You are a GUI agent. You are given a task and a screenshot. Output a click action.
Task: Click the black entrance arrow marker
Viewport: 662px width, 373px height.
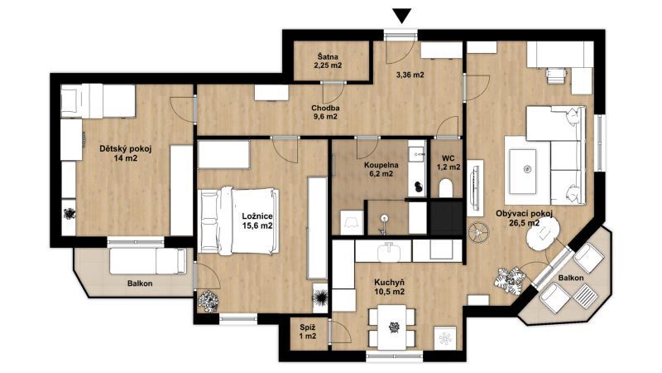[x=401, y=16]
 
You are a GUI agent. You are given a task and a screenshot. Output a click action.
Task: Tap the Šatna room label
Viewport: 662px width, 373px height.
[x=328, y=57]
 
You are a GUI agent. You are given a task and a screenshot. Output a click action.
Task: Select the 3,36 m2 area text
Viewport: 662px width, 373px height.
[x=410, y=75]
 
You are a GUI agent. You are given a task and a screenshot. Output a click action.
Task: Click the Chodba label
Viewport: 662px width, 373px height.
[x=325, y=108]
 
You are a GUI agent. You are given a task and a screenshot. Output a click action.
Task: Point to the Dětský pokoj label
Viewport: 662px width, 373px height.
[x=126, y=149]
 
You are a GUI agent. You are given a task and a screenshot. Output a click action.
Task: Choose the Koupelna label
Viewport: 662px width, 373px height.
[x=381, y=165]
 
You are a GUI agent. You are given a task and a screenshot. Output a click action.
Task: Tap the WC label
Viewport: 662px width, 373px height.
[x=449, y=158]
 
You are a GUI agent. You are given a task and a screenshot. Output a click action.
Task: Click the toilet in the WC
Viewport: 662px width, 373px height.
[x=446, y=188]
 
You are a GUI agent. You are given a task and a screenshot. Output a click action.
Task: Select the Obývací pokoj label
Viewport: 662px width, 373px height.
[x=524, y=214]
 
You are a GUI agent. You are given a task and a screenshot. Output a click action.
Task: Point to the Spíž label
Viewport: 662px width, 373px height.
[x=307, y=327]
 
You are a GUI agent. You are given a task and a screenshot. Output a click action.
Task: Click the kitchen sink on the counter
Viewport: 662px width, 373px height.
[x=389, y=252]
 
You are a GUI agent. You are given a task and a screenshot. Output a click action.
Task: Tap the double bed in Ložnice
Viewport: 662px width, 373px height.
[x=238, y=220]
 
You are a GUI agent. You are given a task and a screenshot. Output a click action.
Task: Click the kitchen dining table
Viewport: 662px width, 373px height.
[x=392, y=327]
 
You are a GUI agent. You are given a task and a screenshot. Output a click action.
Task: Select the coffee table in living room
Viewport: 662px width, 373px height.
[x=523, y=169]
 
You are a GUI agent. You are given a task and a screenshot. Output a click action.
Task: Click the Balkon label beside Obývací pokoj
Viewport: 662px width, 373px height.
[x=571, y=278]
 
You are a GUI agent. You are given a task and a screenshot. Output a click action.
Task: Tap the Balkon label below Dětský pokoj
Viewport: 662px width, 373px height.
[x=140, y=283]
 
